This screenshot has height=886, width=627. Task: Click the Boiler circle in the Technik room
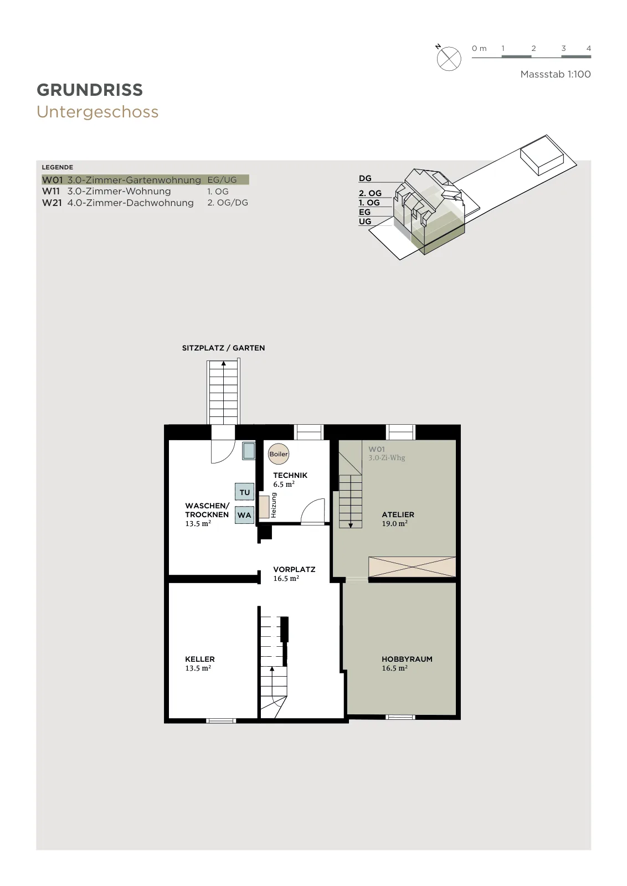(279, 454)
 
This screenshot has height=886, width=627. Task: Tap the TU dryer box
(244, 492)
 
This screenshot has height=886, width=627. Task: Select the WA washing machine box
(244, 515)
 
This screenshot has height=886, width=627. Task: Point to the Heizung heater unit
(264, 507)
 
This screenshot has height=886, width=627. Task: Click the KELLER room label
(200, 659)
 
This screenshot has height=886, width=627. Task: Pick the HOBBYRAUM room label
(407, 659)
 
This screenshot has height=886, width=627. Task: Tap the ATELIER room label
(398, 514)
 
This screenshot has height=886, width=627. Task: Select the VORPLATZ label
(294, 569)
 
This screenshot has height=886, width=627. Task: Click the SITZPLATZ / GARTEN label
(224, 348)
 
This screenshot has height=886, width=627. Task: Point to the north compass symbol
(449, 59)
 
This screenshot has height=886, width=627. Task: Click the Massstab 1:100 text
(556, 74)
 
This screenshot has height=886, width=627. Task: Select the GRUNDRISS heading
(90, 90)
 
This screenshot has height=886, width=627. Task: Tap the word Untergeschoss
(97, 112)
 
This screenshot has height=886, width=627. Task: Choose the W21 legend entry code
(52, 203)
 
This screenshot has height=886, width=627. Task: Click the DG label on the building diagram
(365, 178)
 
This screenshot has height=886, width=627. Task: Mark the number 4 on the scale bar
(589, 48)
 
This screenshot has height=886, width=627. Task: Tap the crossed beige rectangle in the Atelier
(412, 566)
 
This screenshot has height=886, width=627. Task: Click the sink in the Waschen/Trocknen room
(249, 451)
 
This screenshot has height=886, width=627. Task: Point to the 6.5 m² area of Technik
(284, 484)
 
